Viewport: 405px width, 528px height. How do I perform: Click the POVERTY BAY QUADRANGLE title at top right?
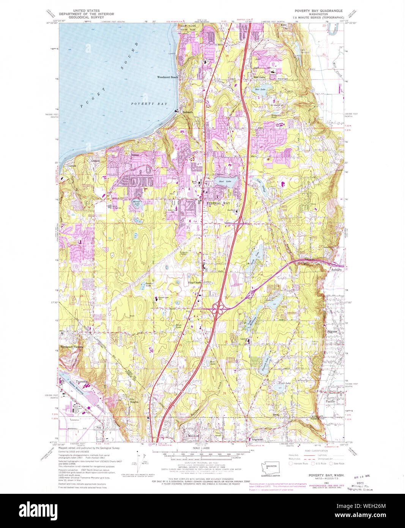click(318, 11)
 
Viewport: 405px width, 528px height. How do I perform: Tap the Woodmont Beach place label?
click(167, 77)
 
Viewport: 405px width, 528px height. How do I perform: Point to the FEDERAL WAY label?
click(218, 203)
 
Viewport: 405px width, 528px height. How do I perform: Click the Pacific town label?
click(330, 401)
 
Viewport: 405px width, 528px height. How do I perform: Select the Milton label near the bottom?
click(193, 436)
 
